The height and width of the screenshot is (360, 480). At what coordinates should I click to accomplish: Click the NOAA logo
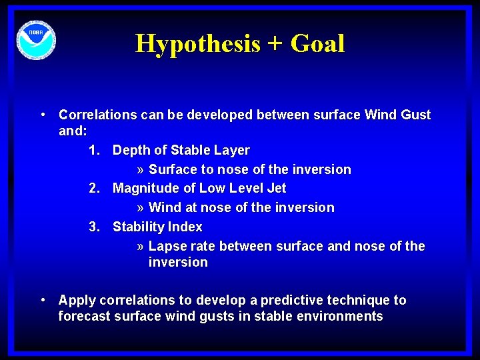pos(37,41)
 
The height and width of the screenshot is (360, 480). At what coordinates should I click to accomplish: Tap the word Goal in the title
pos(317,44)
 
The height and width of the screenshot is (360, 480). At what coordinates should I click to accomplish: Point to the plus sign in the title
pos(275,45)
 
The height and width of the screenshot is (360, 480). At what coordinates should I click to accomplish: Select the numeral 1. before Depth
pos(95,151)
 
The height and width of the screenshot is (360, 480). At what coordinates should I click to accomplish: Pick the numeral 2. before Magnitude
pos(95,189)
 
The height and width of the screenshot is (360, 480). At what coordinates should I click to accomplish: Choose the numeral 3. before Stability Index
pos(95,227)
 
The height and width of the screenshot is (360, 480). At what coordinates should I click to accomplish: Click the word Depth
pos(131,151)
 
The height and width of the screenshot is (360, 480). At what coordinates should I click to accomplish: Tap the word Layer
pos(232,151)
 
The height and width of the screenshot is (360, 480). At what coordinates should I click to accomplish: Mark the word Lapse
pos(166,247)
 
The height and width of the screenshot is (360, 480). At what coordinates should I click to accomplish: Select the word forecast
pos(84,317)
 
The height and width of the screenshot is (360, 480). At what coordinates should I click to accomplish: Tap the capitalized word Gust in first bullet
pos(415,115)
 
